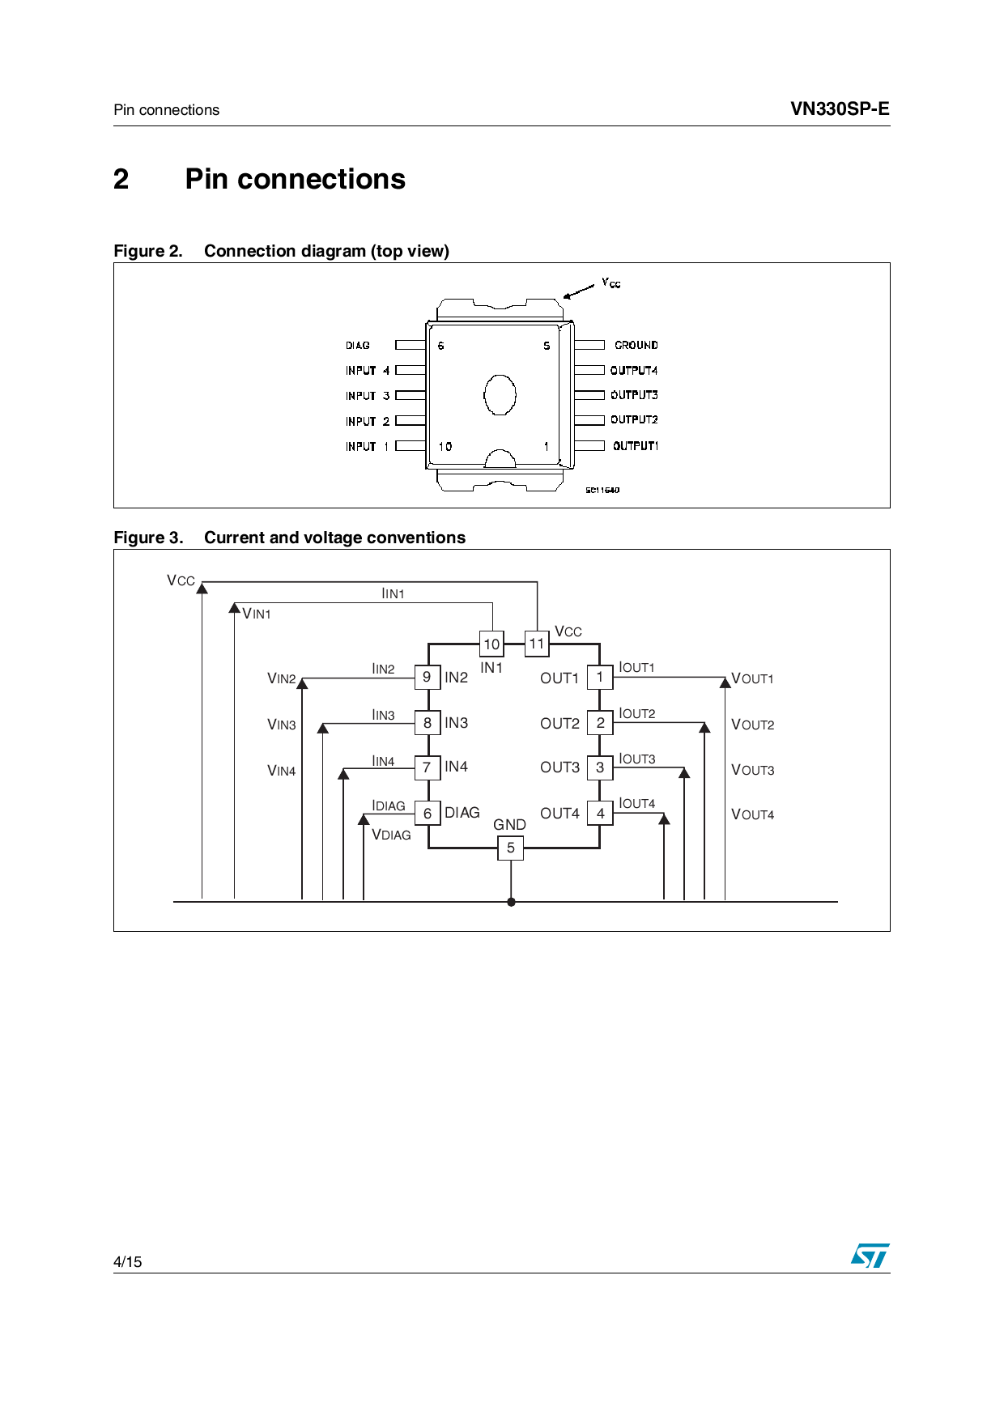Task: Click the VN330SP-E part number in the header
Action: pyautogui.click(x=839, y=109)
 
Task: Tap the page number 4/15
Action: pyautogui.click(x=127, y=1261)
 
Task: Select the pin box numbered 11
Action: pyautogui.click(x=537, y=644)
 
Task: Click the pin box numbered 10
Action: pyautogui.click(x=491, y=644)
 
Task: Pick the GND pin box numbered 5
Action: pyautogui.click(x=510, y=848)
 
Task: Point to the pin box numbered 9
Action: pyautogui.click(x=427, y=677)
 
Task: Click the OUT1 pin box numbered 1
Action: pyautogui.click(x=600, y=677)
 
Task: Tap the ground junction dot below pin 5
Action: pyautogui.click(x=511, y=902)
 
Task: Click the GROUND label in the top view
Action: pyautogui.click(x=636, y=345)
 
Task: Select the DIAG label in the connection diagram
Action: pyautogui.click(x=357, y=346)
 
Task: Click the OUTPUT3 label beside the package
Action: pyautogui.click(x=634, y=395)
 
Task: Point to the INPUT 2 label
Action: pyautogui.click(x=368, y=421)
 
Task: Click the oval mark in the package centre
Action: pyautogui.click(x=500, y=394)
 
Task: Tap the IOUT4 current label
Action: pyautogui.click(x=636, y=803)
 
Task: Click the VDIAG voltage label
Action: pyautogui.click(x=391, y=835)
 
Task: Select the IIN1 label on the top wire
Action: pyautogui.click(x=393, y=593)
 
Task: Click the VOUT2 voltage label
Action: pyautogui.click(x=752, y=725)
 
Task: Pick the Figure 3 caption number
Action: pyautogui.click(x=148, y=538)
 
